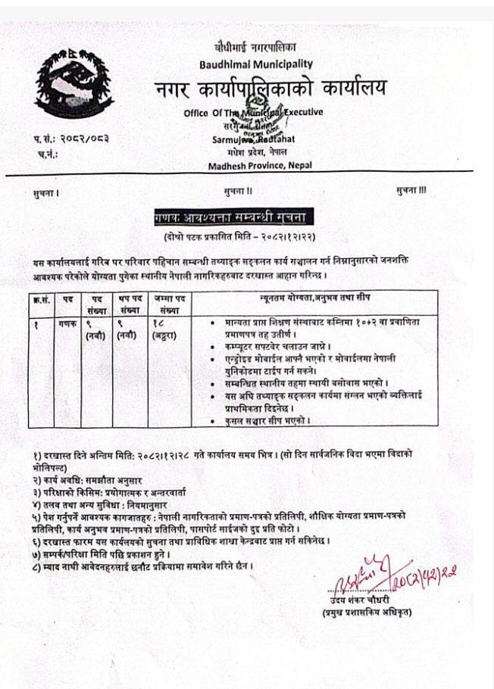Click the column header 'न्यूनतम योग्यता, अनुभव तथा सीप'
[x=323, y=301]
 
